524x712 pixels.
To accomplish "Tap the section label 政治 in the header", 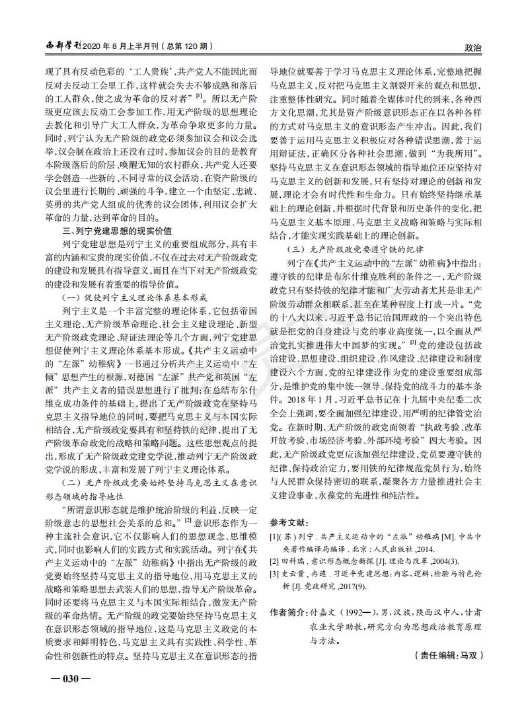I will (x=473, y=48).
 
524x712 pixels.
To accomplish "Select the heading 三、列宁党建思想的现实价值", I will (x=117, y=230).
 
